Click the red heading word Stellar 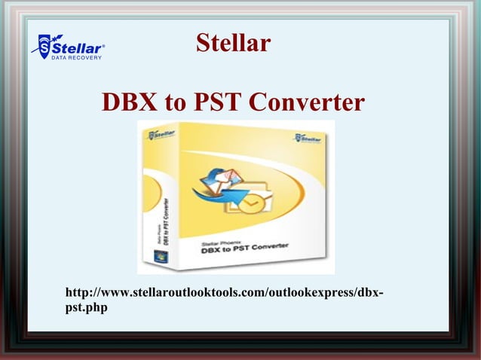click(x=233, y=43)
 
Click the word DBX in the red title click(x=130, y=102)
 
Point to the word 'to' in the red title click(x=173, y=103)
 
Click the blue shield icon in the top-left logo click(x=44, y=46)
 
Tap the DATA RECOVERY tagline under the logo click(x=76, y=58)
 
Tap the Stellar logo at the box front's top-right click(x=307, y=139)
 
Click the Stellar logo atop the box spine click(x=161, y=135)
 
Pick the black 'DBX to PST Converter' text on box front click(x=245, y=249)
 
